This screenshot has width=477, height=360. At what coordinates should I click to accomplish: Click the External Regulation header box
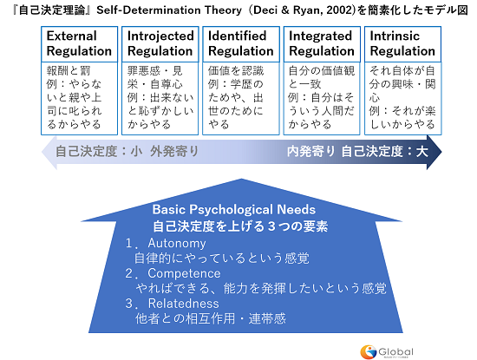80,44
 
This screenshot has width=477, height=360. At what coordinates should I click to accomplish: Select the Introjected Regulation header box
160,44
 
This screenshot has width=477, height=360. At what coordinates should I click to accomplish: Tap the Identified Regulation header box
241,44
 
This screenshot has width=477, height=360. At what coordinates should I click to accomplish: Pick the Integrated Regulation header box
322,44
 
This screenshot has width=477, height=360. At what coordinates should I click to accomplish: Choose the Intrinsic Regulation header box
402,44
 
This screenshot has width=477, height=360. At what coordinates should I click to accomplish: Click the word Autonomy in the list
177,244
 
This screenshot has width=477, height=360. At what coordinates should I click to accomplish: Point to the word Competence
184,273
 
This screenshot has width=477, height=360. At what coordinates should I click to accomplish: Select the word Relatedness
184,304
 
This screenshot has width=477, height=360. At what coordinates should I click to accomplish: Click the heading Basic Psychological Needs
234,210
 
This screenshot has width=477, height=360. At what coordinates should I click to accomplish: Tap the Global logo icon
368,352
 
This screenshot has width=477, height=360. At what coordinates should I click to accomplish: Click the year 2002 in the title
339,10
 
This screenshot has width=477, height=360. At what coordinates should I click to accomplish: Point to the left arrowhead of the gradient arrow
49,152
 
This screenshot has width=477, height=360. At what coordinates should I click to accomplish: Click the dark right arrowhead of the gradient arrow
435,152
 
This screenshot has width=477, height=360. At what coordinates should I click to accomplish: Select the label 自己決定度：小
99,151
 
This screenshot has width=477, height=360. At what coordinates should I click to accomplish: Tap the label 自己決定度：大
385,151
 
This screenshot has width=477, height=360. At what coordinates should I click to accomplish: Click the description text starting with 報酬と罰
75,97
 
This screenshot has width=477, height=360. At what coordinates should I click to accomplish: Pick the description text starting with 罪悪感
160,97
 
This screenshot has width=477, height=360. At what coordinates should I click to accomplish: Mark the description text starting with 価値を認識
236,97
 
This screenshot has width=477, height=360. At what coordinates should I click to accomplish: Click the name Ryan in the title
307,10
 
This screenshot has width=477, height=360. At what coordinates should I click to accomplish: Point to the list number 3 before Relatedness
129,304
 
